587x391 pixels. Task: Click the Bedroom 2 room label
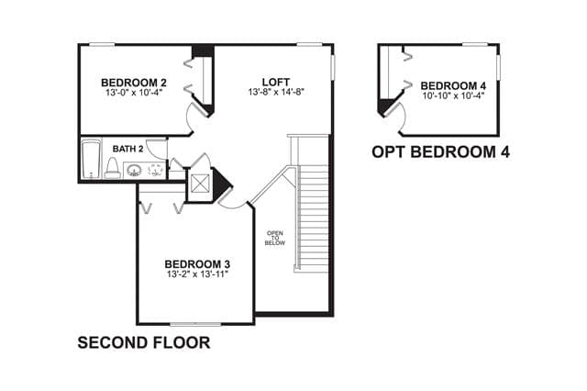pos(134,83)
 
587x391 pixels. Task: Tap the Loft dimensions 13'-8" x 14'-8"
pos(275,92)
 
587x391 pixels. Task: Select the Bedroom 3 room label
pos(197,264)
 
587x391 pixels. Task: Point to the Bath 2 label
pos(127,149)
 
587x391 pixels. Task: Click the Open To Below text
pos(275,239)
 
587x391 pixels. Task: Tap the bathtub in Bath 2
pos(92,159)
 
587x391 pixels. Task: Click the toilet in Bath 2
pos(112,168)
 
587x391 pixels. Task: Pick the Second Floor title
pos(144,342)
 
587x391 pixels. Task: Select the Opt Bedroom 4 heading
pos(440,151)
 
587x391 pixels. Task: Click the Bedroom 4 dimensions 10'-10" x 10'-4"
pos(453,95)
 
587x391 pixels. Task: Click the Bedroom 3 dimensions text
pos(197,274)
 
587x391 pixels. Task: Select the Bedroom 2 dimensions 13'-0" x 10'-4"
pos(134,92)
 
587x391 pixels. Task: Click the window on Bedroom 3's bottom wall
pos(195,324)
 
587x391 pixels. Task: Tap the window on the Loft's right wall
pos(332,67)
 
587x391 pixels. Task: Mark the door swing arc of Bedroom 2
pos(187,119)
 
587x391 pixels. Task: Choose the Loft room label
pos(275,82)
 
